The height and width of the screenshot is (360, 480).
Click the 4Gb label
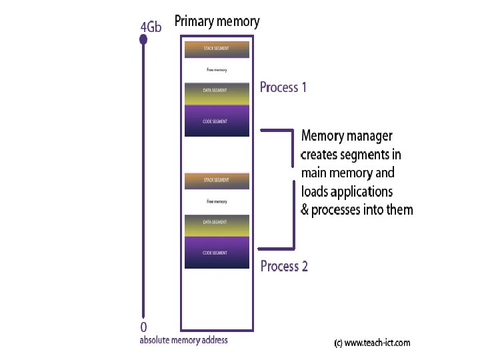151,27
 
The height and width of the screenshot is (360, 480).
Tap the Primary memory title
217,21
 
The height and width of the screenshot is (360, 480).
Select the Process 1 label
283,87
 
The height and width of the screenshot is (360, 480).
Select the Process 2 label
284,267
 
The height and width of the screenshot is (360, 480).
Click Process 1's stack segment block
217,49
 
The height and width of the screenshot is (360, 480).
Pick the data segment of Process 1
217,94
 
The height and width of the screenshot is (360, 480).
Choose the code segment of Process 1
217,121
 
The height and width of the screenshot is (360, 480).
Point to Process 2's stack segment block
217,181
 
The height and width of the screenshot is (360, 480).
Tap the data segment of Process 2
217,226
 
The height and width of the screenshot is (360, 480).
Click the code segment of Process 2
217,253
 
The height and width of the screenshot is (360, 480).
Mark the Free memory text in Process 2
217,201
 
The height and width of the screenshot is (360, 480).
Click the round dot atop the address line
143,41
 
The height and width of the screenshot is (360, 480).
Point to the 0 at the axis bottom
143,327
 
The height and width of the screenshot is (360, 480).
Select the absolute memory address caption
183,341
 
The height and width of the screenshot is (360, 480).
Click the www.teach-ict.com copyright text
372,343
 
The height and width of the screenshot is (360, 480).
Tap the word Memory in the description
323,137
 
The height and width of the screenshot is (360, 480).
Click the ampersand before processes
305,210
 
